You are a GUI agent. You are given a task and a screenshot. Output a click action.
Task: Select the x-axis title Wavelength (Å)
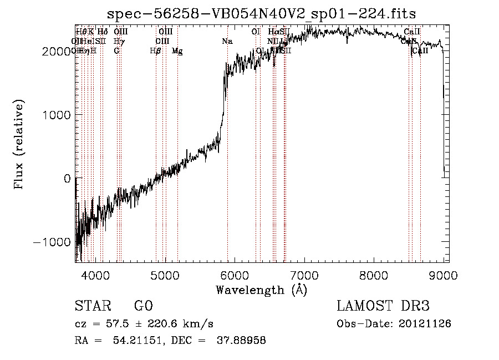(x=261, y=290)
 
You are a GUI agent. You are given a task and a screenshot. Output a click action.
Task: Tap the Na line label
(x=227, y=42)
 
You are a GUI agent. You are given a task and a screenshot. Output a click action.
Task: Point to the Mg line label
(x=177, y=51)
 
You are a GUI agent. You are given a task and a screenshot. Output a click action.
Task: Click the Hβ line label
(x=156, y=51)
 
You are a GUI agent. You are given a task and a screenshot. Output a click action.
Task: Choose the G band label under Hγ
(x=116, y=51)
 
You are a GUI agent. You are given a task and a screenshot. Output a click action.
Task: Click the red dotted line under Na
(x=228, y=166)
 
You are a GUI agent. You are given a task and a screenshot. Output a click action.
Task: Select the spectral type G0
(x=143, y=306)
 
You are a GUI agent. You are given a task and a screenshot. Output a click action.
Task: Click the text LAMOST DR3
(x=383, y=306)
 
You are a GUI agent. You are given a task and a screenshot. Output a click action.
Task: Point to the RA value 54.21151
(x=139, y=341)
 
